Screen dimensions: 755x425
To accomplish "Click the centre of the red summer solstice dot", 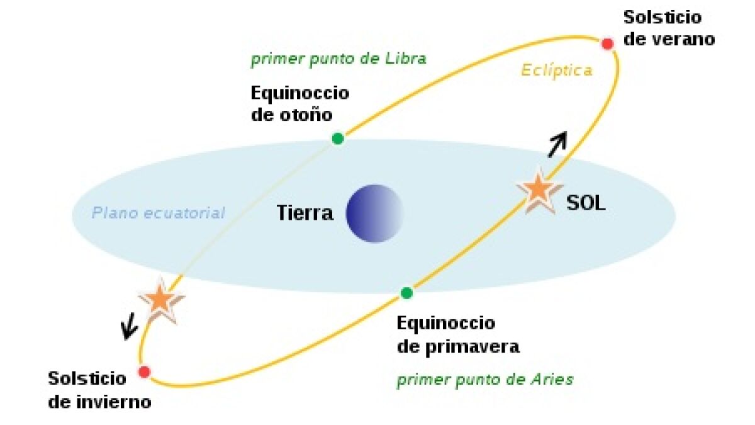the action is pyautogui.click(x=607, y=44).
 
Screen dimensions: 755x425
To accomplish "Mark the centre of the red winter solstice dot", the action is pyautogui.click(x=144, y=372).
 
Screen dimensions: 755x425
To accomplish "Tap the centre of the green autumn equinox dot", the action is pyautogui.click(x=338, y=139).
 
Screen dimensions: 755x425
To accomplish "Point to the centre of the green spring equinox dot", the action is pyautogui.click(x=406, y=293).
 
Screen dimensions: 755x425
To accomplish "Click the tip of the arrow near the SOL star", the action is pyautogui.click(x=566, y=132).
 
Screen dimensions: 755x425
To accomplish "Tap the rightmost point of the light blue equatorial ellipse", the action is pyautogui.click(x=676, y=216).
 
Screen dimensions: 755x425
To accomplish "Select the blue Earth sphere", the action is pyautogui.click(x=374, y=213).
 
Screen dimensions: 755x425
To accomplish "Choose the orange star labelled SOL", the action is pyautogui.click(x=538, y=190).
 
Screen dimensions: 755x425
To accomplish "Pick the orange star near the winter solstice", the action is pyautogui.click(x=160, y=300).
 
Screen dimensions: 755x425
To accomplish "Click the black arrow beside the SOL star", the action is pyautogui.click(x=558, y=144).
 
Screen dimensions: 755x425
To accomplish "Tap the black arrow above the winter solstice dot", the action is pyautogui.click(x=130, y=326).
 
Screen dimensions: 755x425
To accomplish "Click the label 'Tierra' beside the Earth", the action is pyautogui.click(x=305, y=213).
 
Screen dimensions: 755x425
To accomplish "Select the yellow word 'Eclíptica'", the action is pyautogui.click(x=557, y=71).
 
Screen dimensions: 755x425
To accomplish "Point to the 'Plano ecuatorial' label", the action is pyautogui.click(x=159, y=213).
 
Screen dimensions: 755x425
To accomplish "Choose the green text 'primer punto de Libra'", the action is pyautogui.click(x=338, y=59).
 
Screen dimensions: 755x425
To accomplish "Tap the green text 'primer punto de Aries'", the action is pyautogui.click(x=485, y=380).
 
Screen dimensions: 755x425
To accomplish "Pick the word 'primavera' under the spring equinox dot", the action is pyautogui.click(x=473, y=348).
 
